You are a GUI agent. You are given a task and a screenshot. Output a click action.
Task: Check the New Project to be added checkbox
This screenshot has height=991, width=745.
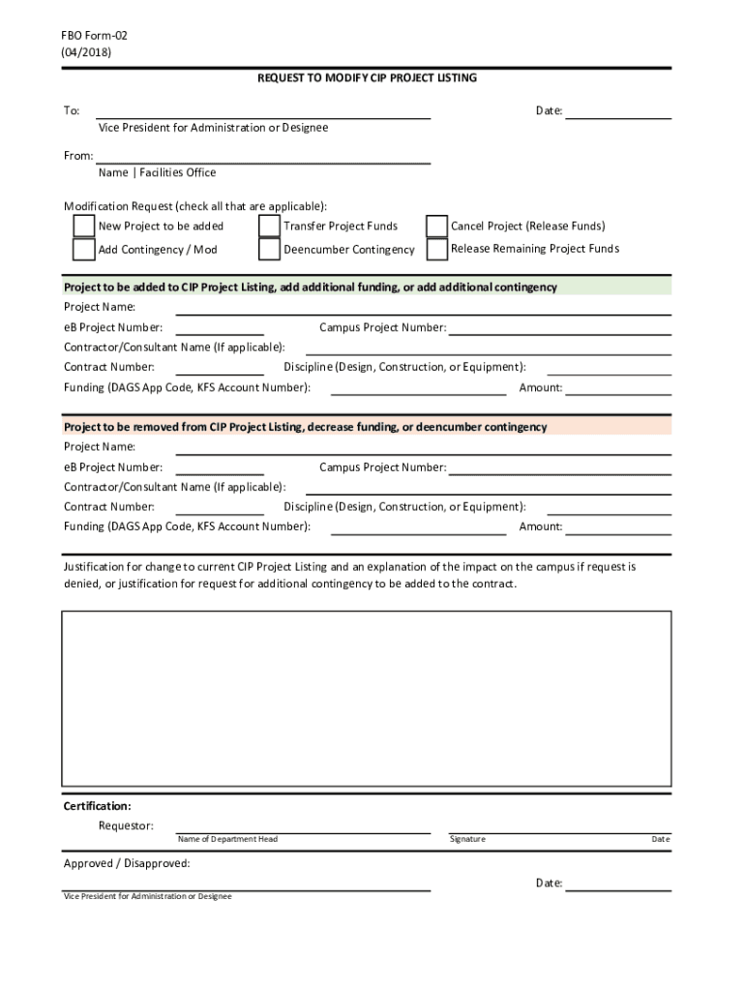tap(84, 225)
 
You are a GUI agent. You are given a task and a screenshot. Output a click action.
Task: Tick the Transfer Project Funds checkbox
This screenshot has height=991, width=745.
tap(270, 225)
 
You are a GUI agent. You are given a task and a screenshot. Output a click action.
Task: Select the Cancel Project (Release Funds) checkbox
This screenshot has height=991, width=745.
tap(437, 225)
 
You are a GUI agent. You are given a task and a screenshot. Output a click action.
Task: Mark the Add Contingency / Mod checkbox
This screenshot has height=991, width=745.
tap(84, 249)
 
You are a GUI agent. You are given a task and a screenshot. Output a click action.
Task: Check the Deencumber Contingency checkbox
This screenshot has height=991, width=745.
tap(270, 249)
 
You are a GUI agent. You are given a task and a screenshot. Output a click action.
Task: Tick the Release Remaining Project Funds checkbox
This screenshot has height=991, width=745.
tap(437, 249)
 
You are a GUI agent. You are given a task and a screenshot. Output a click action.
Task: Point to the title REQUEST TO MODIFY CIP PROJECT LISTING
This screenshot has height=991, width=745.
tap(367, 77)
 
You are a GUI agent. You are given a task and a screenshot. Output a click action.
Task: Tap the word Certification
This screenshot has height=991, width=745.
tap(97, 805)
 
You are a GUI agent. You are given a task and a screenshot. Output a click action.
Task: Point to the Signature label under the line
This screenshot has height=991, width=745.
tap(467, 839)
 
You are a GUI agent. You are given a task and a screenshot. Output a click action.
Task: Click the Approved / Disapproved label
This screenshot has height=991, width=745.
tap(127, 863)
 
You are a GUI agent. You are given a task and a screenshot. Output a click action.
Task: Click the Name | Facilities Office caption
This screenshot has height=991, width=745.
tap(157, 173)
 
